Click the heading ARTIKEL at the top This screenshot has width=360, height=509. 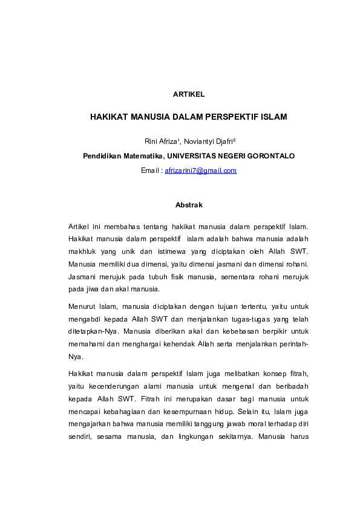[x=188, y=94]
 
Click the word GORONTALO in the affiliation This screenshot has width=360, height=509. [x=269, y=155]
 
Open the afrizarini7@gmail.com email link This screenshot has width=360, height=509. [x=200, y=170]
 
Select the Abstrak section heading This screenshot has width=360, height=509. [x=188, y=206]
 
